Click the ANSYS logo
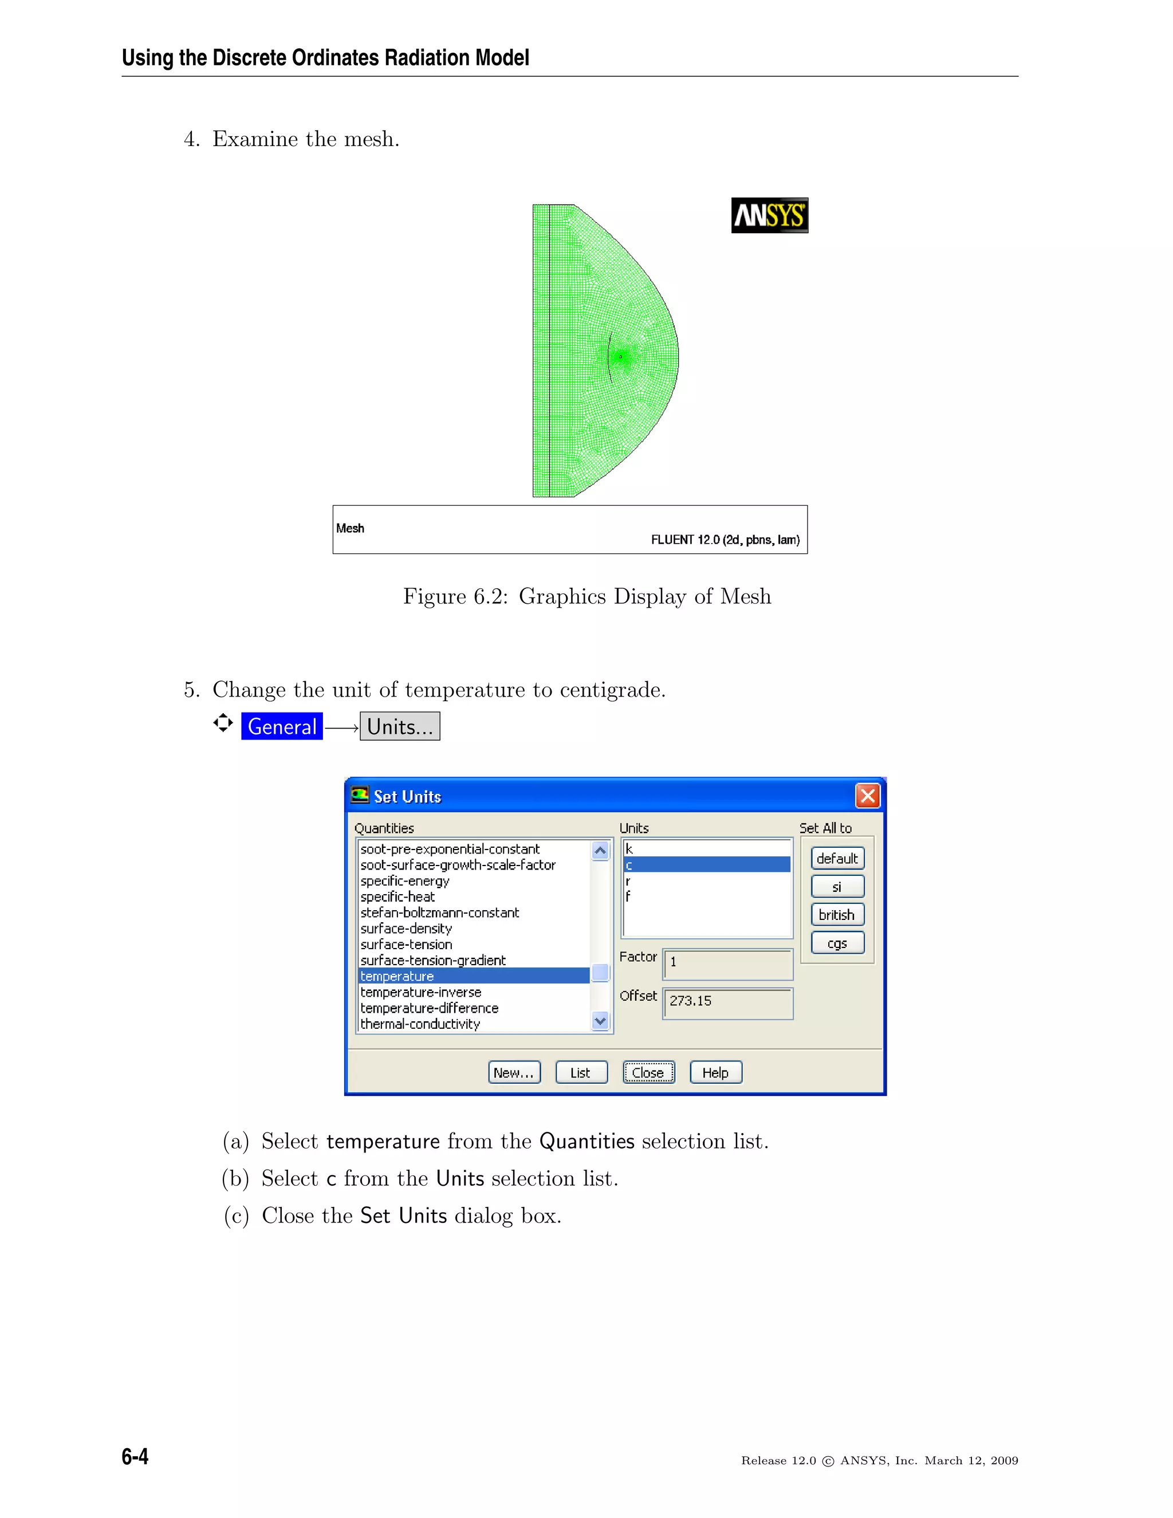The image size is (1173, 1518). [x=769, y=215]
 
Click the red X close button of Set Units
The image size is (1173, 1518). [x=867, y=796]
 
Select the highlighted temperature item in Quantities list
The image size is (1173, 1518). [x=473, y=976]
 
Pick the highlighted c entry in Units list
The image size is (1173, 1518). [x=706, y=864]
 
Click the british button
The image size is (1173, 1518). [x=837, y=915]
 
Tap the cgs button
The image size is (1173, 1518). [x=837, y=943]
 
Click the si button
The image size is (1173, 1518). [x=837, y=887]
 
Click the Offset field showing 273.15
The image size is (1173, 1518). [x=727, y=1002]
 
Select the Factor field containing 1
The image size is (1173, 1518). [x=727, y=964]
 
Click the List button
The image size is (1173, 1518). [x=580, y=1072]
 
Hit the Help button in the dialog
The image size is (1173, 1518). [x=715, y=1072]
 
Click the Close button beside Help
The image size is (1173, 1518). [x=648, y=1072]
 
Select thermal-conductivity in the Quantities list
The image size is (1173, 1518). [x=420, y=1024]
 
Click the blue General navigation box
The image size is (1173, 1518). [x=281, y=726]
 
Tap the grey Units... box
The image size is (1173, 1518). [x=400, y=726]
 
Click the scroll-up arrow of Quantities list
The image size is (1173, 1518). [x=600, y=850]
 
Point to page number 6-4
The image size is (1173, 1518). [x=135, y=1456]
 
